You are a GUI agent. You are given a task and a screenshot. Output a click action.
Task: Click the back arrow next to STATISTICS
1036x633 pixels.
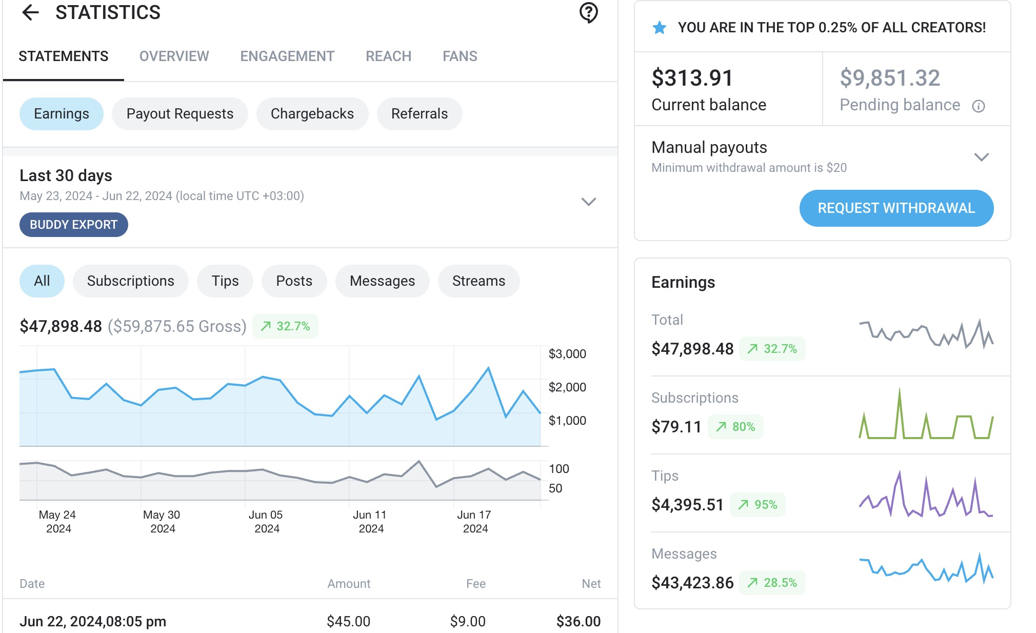pyautogui.click(x=31, y=12)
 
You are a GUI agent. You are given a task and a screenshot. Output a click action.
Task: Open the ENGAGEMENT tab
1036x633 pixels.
pyautogui.click(x=287, y=56)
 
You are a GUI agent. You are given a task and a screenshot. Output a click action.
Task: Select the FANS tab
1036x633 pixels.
pyautogui.click(x=460, y=56)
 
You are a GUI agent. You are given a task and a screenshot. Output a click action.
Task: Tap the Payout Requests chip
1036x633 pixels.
pyautogui.click(x=180, y=114)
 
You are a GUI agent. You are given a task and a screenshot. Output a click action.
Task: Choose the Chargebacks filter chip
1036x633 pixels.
pyautogui.click(x=312, y=114)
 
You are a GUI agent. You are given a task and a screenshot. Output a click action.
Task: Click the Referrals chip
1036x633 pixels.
pyautogui.click(x=419, y=114)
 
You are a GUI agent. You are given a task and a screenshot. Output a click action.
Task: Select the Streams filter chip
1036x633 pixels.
pyautogui.click(x=478, y=281)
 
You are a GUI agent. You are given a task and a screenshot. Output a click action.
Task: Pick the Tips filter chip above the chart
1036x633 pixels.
pyautogui.click(x=225, y=281)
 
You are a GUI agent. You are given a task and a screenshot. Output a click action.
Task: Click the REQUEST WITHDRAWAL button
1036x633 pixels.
pyautogui.click(x=896, y=208)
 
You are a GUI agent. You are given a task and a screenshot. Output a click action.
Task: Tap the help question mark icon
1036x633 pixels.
pyautogui.click(x=588, y=12)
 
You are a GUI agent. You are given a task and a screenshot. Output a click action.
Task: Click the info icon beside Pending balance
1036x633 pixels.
pyautogui.click(x=978, y=106)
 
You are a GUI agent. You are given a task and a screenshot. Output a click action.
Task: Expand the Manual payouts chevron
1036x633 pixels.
pyautogui.click(x=981, y=157)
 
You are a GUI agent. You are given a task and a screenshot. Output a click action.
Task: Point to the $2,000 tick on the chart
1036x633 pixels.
pyautogui.click(x=567, y=387)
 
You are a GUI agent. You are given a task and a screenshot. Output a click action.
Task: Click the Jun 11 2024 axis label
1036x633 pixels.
pyautogui.click(x=370, y=521)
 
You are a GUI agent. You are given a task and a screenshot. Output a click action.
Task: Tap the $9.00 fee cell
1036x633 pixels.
pyautogui.click(x=467, y=622)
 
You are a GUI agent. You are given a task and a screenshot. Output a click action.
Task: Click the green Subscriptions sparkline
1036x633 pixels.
pyautogui.click(x=926, y=416)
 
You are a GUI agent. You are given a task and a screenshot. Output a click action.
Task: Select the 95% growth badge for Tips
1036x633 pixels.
pyautogui.click(x=758, y=505)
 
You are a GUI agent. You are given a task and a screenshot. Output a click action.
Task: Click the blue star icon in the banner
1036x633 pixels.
pyautogui.click(x=660, y=28)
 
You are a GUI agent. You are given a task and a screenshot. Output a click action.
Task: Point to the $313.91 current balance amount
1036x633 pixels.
pyautogui.click(x=692, y=78)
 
